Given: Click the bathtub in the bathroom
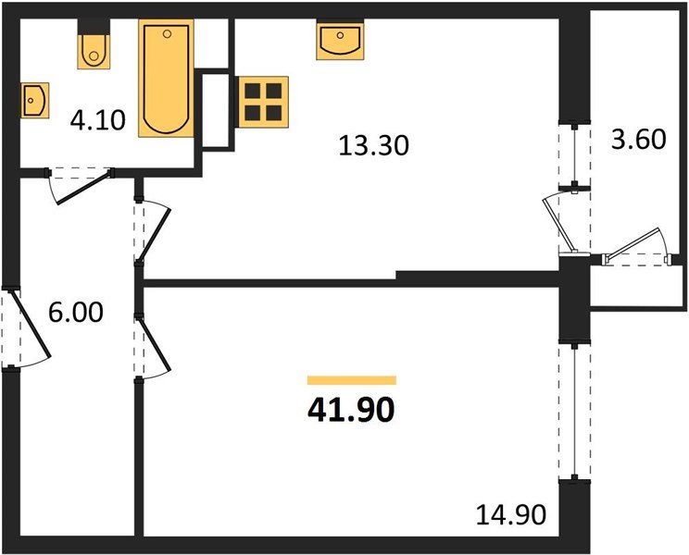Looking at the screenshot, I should coord(167,80).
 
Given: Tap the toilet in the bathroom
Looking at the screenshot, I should coord(94,50).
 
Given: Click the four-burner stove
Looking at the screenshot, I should coord(263,101).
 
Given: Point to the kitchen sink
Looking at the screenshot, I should coord(339,42).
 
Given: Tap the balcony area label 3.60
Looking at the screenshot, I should coord(639,141).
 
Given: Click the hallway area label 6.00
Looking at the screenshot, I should coord(76,313).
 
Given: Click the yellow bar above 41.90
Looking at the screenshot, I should coord(351,379).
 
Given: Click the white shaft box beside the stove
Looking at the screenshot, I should coord(216,109).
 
